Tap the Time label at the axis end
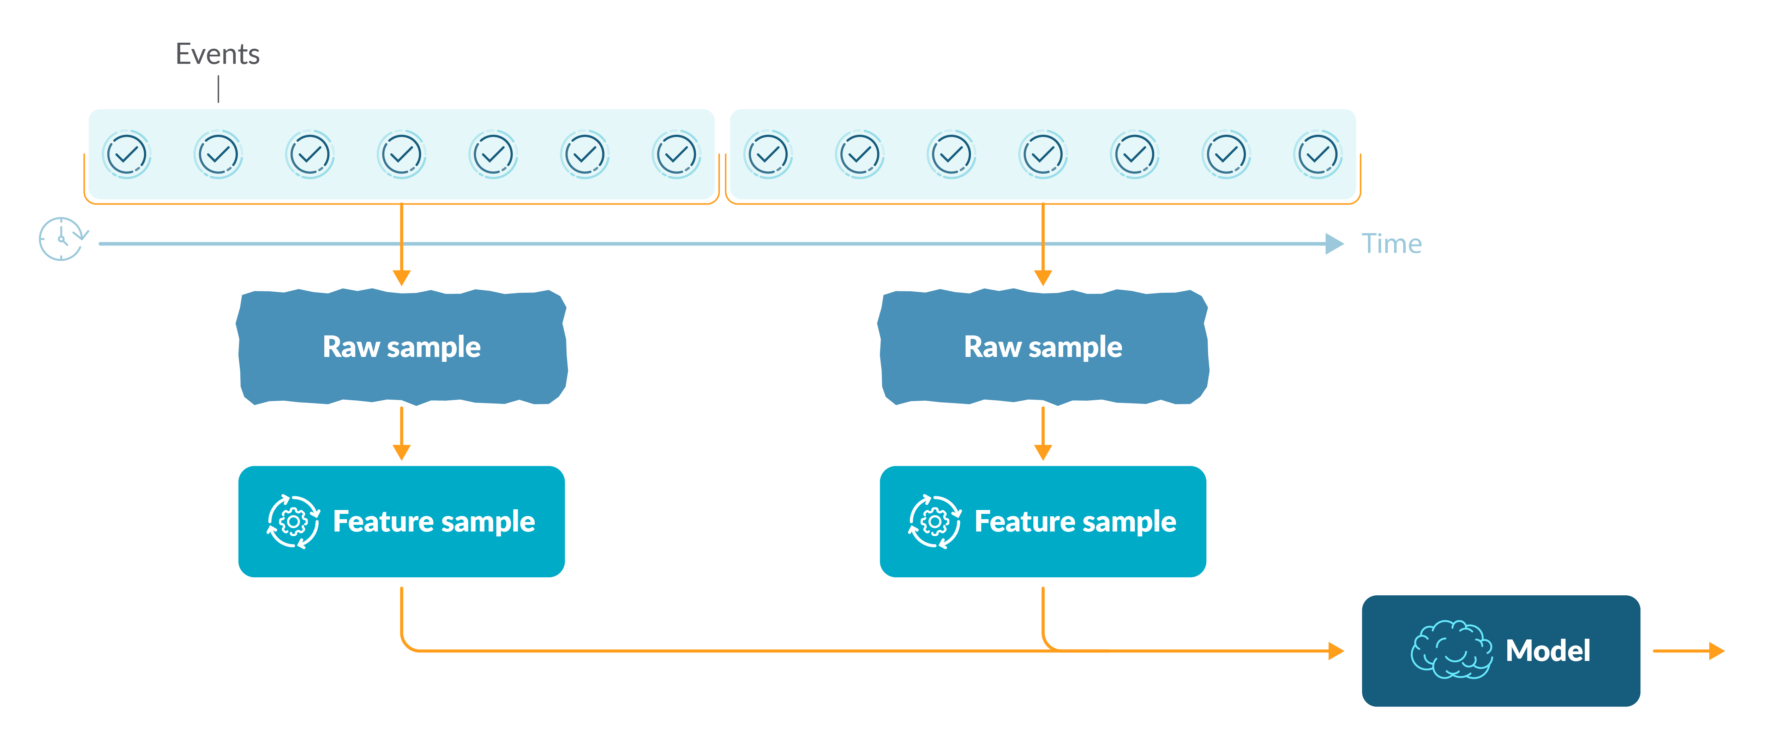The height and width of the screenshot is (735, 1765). [x=1391, y=244]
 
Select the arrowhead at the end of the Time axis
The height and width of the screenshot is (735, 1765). [x=1333, y=244]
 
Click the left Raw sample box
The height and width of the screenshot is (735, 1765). [x=402, y=347]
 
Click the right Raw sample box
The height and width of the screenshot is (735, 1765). [x=1043, y=347]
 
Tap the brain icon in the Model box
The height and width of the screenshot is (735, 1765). [x=1451, y=650]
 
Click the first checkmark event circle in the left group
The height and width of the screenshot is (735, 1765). [x=127, y=154]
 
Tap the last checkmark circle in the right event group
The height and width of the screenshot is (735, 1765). [x=1317, y=154]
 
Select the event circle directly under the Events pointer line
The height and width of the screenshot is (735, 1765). [x=218, y=154]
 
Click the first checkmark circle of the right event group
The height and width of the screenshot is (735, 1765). [x=768, y=154]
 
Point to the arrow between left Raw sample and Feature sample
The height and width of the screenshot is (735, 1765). [x=402, y=433]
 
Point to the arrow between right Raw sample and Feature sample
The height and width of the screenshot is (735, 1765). [x=1043, y=433]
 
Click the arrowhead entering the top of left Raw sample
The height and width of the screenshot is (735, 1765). [x=402, y=278]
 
